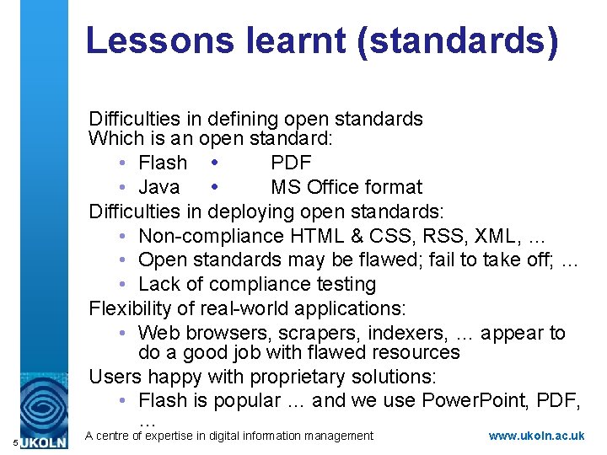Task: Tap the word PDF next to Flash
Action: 291,163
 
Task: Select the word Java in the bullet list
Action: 159,187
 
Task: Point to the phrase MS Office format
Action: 346,187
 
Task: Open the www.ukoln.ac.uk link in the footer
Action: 536,436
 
